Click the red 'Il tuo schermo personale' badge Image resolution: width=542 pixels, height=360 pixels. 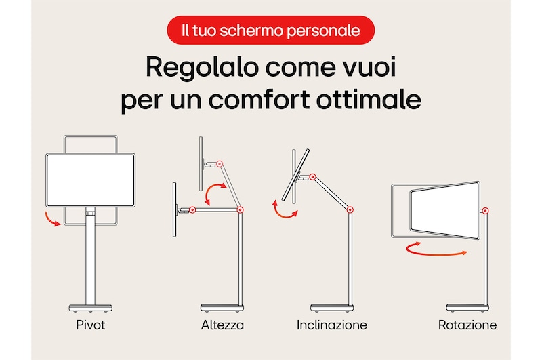click(x=270, y=30)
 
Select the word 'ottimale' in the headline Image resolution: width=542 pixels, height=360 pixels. click(x=369, y=100)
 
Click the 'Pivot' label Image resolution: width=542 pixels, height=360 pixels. click(x=91, y=325)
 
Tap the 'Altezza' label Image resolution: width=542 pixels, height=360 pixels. click(x=222, y=325)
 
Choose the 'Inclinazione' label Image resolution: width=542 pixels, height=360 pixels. click(x=332, y=325)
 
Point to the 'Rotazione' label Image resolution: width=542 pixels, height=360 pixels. click(x=467, y=325)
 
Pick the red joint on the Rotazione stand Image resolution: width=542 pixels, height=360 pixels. click(x=485, y=211)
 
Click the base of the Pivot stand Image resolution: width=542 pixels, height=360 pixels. click(x=91, y=308)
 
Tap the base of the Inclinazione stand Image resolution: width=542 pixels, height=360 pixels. click(x=332, y=308)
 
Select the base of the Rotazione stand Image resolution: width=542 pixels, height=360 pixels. click(x=467, y=308)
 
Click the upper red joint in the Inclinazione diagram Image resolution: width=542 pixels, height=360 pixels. click(x=312, y=177)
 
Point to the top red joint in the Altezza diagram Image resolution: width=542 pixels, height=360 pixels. click(x=219, y=164)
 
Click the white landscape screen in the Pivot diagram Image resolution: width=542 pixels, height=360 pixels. click(x=90, y=180)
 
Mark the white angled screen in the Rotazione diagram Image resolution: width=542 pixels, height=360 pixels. click(x=445, y=210)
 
